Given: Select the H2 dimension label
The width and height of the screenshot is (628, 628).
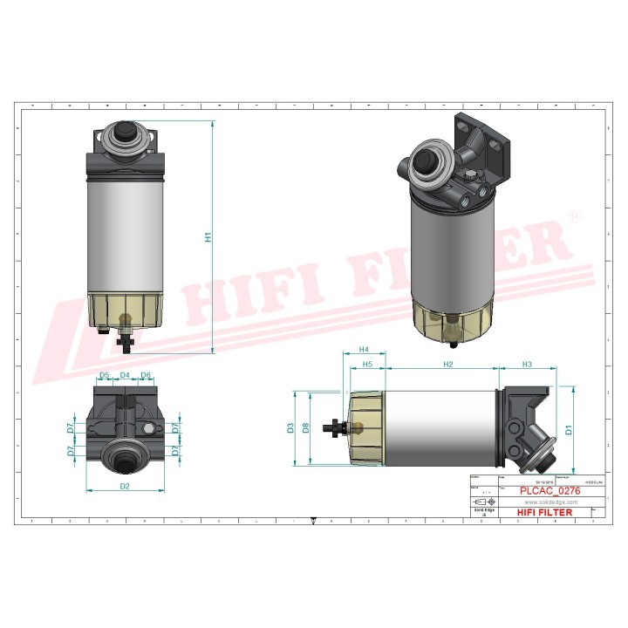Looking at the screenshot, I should pos(447,363).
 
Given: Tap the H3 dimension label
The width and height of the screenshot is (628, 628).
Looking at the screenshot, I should pos(527,363).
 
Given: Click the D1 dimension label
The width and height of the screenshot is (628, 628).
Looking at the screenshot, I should pos(568,428).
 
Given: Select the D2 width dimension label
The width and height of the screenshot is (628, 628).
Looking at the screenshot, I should pos(124,485).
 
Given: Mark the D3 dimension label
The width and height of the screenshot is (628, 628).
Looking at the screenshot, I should pos(290,428).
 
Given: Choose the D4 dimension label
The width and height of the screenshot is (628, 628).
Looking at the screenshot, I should pos(125,376).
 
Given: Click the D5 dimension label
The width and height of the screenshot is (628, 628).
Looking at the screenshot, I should pos(104,376).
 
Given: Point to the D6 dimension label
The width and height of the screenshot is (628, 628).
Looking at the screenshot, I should pos(146,376).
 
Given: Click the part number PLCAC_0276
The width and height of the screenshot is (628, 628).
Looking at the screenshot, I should pos(549,492).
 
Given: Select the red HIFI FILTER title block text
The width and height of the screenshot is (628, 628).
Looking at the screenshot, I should pos(545,512).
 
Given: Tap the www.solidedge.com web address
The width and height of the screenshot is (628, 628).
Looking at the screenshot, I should pos(549,502).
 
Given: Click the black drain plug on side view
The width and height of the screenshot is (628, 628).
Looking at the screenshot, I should pos(332,428).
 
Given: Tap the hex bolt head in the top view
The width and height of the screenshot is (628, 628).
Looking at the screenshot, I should pos(151,429).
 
